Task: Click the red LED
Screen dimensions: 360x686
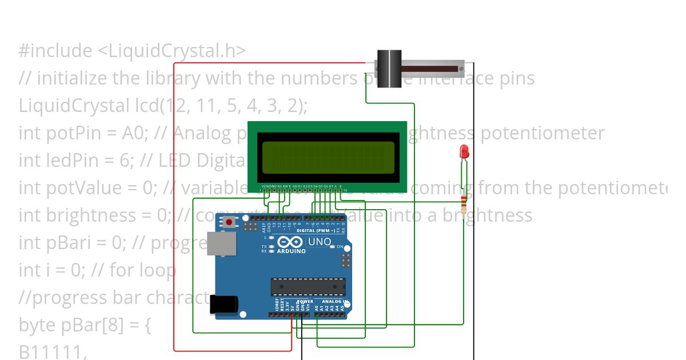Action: [x=464, y=152]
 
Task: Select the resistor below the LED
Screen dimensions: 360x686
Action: [x=464, y=203]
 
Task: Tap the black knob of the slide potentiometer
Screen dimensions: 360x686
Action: [x=389, y=69]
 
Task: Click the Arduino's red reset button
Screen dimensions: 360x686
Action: [x=229, y=222]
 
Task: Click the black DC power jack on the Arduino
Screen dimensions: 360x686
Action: [x=223, y=304]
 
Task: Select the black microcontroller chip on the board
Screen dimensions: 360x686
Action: [x=308, y=286]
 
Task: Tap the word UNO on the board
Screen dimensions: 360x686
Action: [x=320, y=242]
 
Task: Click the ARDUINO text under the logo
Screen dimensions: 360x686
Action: [x=292, y=251]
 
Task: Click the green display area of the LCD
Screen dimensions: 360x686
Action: [x=328, y=157]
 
